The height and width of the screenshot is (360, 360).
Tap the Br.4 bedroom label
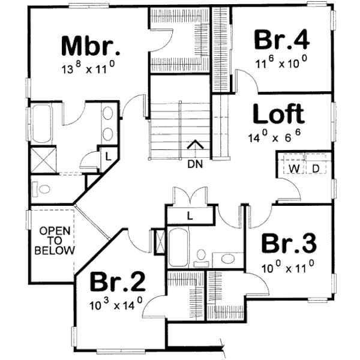282,40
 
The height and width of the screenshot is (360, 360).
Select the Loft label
278,114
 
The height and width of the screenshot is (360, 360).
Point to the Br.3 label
289,244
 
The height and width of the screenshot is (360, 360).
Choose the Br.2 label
118,282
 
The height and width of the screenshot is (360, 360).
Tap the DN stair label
196,163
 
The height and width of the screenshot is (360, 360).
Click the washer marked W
295,169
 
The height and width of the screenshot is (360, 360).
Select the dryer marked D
316,169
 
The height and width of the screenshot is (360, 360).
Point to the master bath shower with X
43,160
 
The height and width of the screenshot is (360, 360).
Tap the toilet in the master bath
44,189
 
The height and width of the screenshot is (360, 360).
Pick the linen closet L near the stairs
190,215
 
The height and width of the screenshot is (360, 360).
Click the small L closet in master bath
107,155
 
